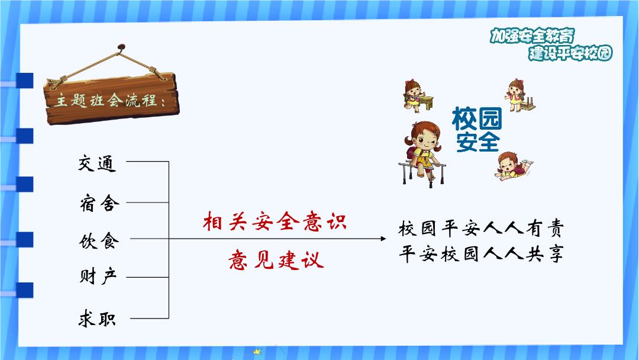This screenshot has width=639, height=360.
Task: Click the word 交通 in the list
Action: tap(98, 163)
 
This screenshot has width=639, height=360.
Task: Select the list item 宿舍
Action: tap(99, 203)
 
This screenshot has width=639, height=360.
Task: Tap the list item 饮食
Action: tap(99, 240)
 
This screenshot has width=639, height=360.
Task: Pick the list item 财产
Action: tap(98, 276)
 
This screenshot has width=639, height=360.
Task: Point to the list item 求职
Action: tap(98, 318)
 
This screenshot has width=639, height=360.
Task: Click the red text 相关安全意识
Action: tap(275, 221)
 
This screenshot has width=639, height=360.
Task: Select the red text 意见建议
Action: tap(276, 260)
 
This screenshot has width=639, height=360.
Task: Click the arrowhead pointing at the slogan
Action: tap(383, 239)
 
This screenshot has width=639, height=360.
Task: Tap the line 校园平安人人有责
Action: tap(481, 228)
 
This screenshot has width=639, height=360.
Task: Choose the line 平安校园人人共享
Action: tap(481, 253)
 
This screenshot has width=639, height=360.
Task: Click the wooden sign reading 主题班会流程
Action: tap(112, 99)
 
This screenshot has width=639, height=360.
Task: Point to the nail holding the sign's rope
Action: tap(121, 47)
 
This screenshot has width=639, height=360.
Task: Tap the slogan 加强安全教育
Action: tap(532, 36)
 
